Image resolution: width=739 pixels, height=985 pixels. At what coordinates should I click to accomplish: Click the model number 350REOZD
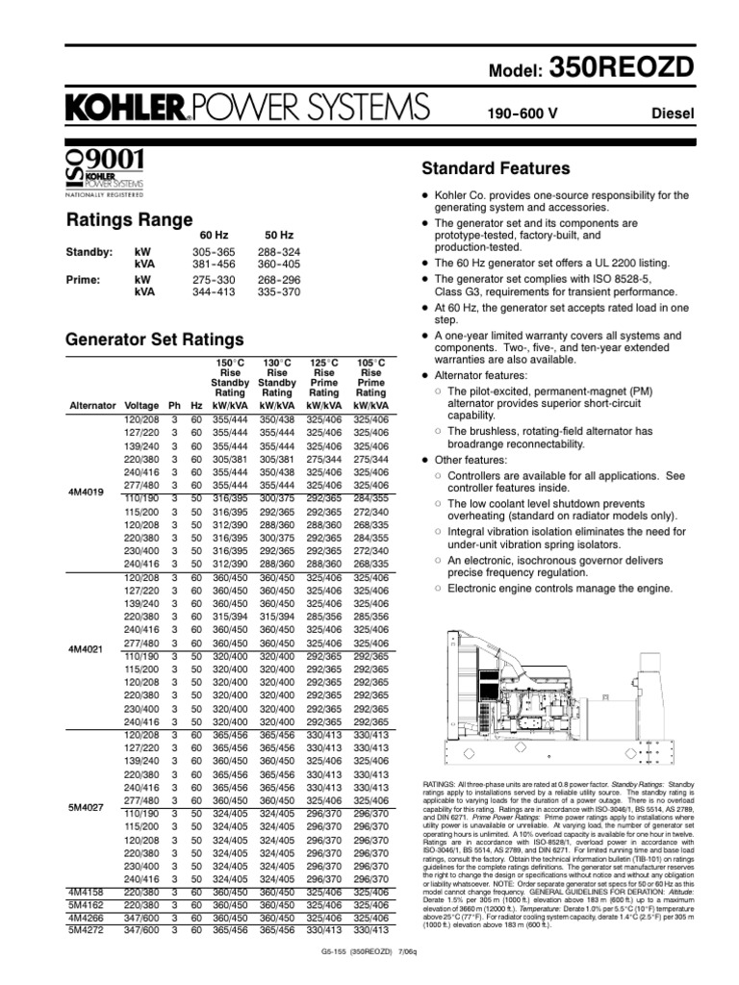click(636, 64)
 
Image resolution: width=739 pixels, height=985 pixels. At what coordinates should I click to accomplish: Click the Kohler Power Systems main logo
click(245, 108)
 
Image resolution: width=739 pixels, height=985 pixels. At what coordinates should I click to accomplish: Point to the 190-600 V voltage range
click(523, 114)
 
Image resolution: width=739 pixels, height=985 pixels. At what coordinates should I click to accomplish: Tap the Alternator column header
click(92, 406)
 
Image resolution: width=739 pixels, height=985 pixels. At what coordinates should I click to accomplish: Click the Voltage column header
click(141, 406)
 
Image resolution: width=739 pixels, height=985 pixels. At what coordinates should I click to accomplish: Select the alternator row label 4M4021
click(86, 650)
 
